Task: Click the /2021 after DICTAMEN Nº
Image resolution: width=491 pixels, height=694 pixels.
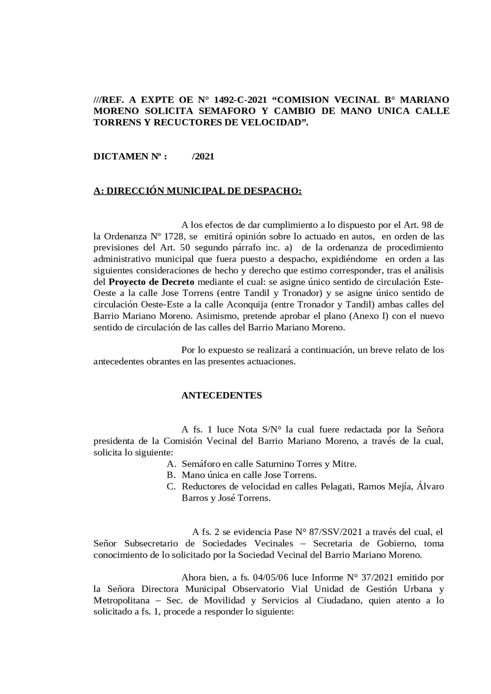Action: point(203,156)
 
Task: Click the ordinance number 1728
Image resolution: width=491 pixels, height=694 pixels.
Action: point(172,236)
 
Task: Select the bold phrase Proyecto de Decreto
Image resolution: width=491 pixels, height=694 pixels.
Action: point(152,282)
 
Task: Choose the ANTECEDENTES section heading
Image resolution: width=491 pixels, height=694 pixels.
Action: point(221,395)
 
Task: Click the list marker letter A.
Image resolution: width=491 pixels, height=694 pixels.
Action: point(170,464)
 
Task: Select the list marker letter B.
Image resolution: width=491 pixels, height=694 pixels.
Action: point(170,475)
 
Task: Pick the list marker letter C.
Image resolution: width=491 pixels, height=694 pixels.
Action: point(170,487)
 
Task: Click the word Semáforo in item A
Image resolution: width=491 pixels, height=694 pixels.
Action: point(201,464)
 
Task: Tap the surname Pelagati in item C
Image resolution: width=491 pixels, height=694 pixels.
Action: point(338,487)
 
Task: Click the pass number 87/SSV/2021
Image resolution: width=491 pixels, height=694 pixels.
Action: point(335,532)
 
